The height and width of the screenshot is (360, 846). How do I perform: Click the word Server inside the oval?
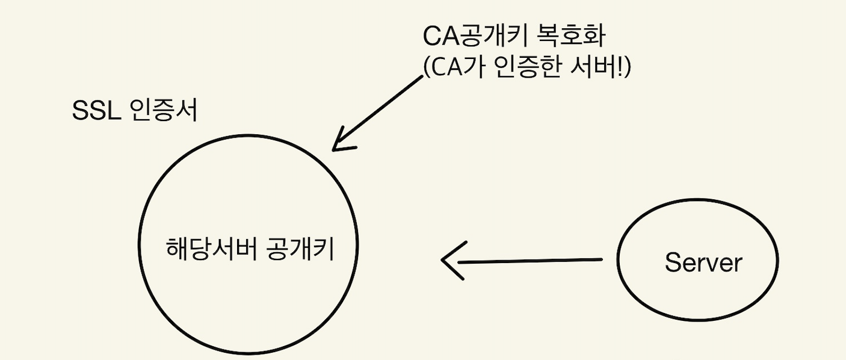pos(703,262)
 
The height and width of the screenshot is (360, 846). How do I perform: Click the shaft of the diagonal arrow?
pos(379,111)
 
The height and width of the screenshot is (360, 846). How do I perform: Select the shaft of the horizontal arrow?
pos(530,261)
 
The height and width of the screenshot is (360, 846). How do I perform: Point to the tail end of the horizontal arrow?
pos(601,259)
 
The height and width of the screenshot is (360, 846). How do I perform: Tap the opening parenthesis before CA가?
pos(427,68)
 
